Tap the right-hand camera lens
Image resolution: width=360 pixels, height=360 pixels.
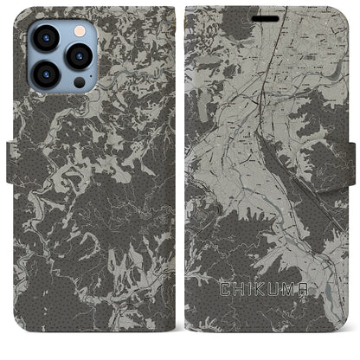coord(79,56)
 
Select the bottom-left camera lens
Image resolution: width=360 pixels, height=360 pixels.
coord(47,74)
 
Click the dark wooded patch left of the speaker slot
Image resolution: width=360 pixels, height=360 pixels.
coord(216,22)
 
